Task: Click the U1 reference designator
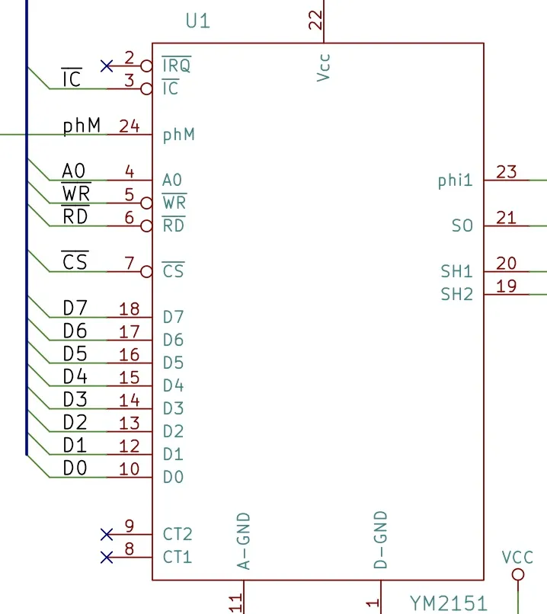[198, 21]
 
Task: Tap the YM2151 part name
[448, 603]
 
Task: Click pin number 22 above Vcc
[315, 20]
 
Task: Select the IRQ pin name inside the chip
[177, 65]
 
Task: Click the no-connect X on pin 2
[107, 66]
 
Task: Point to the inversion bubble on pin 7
[146, 271]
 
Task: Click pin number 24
[130, 126]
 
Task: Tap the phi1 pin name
[455, 181]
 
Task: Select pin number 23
[507, 172]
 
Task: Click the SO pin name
[462, 225]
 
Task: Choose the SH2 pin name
[456, 294]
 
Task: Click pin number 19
[507, 286]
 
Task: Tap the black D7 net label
[75, 309]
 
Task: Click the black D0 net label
[75, 468]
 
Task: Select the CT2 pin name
[178, 534]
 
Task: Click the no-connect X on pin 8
[107, 557]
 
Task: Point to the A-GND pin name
[244, 541]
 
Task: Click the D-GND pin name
[381, 539]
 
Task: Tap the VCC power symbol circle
[518, 574]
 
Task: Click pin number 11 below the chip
[235, 603]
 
